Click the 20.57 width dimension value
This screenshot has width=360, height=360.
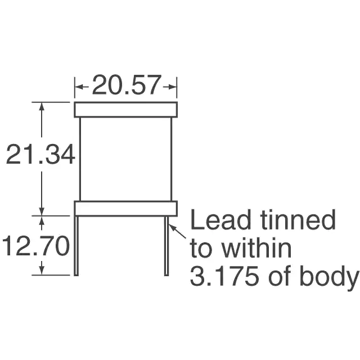pos(126,85)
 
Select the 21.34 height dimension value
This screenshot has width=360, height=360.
pos(40,154)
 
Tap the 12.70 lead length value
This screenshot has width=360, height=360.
pos(35,245)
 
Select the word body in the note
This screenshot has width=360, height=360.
pos(329,277)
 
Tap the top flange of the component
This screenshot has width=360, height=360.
pos(126,110)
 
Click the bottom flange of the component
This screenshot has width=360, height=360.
pos(126,209)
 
